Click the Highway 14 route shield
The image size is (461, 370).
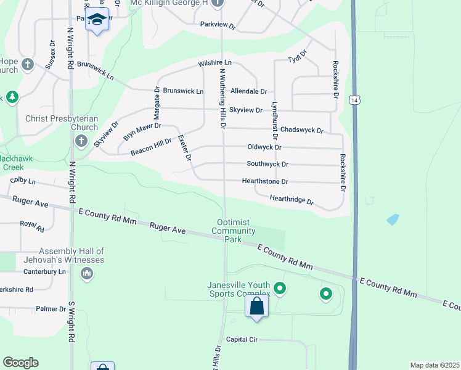(354, 101)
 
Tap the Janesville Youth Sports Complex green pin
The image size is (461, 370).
(280, 288)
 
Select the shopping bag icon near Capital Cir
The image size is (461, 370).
(257, 306)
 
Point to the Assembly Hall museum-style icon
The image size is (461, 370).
(86, 273)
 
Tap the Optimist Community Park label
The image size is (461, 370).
(233, 231)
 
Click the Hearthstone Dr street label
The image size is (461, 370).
(265, 182)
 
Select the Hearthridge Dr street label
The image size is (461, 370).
(292, 200)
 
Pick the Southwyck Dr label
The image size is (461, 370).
(267, 165)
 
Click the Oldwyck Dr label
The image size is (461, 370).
(264, 147)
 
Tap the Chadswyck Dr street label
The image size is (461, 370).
(301, 129)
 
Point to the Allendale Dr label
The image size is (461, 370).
(248, 91)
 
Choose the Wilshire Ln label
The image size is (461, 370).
(214, 64)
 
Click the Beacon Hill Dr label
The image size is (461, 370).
(151, 147)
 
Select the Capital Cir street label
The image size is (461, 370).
(241, 339)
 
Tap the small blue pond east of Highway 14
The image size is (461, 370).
(392, 220)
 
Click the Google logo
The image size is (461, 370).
(20, 363)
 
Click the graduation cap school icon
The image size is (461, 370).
(97, 20)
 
